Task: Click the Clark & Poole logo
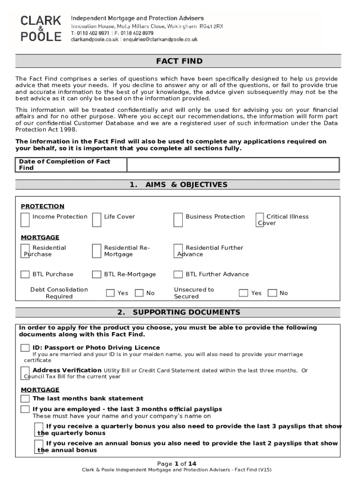[x=41, y=28]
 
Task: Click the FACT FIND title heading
[x=180, y=62]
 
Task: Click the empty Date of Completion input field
[x=233, y=165]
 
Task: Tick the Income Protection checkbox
[x=25, y=219]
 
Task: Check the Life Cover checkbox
[x=97, y=219]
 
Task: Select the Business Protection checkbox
[x=178, y=219]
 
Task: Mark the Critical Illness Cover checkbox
[x=260, y=219]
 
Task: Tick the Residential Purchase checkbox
[x=25, y=251]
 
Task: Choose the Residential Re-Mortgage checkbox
[x=96, y=251]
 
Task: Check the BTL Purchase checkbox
[x=25, y=275]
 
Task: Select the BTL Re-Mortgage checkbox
[x=96, y=275]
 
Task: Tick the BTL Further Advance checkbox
[x=178, y=275]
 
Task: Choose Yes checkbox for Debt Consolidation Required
[x=110, y=293]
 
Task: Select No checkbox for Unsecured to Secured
[x=272, y=293]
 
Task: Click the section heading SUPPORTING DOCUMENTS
[x=180, y=312]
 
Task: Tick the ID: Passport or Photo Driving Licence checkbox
[x=25, y=348]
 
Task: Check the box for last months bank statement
[x=25, y=399]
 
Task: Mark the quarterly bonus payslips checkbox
[x=40, y=429]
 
